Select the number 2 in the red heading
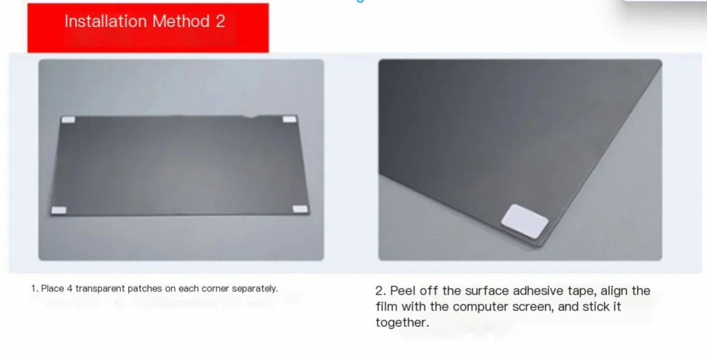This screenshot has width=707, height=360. pyautogui.click(x=220, y=22)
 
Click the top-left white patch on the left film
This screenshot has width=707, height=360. pyautogui.click(x=68, y=120)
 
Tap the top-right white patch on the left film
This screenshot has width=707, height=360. pyautogui.click(x=289, y=119)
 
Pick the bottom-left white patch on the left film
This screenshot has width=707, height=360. pyautogui.click(x=59, y=210)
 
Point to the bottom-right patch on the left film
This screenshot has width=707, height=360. pyautogui.click(x=299, y=209)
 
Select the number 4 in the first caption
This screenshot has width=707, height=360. pyautogui.click(x=69, y=288)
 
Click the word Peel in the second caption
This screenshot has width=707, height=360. pyautogui.click(x=403, y=291)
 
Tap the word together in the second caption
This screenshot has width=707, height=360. pyautogui.click(x=402, y=323)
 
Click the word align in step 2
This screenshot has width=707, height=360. pyautogui.click(x=614, y=291)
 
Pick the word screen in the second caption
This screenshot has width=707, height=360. pyautogui.click(x=530, y=306)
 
